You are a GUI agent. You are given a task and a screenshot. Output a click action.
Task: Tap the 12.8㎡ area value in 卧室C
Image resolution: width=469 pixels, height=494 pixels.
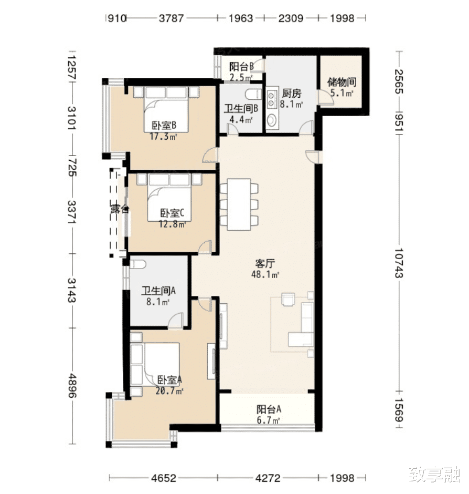pyautogui.click(x=173, y=224)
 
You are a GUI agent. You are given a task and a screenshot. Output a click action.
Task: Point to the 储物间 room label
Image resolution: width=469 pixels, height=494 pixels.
pyautogui.click(x=342, y=83)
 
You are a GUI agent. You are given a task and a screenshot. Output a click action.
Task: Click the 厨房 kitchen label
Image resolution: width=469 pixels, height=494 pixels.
pyautogui.click(x=292, y=94)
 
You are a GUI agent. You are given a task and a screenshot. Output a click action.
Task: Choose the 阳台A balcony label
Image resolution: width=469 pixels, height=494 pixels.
pyautogui.click(x=269, y=409)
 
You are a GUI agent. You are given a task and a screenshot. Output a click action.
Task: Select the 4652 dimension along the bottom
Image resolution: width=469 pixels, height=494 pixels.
pyautogui.click(x=164, y=478)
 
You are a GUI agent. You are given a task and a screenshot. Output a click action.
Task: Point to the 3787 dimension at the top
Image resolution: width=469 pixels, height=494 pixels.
pyautogui.click(x=171, y=18)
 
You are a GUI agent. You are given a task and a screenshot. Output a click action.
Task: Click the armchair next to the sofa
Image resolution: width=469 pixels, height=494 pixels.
pyautogui.click(x=289, y=299)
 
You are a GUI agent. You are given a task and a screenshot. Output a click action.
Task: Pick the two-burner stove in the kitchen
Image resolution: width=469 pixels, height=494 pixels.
pyautogui.click(x=272, y=99)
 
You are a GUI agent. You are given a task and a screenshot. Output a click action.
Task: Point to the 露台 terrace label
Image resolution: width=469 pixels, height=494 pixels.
pyautogui.click(x=120, y=209)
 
